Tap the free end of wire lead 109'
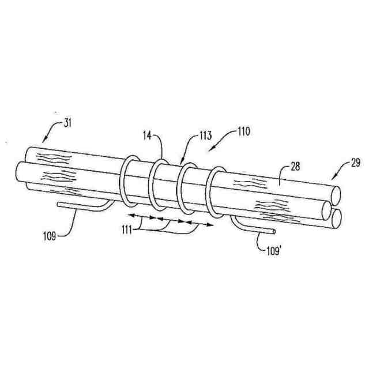(x=273, y=232)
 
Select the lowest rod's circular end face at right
(x=337, y=217)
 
